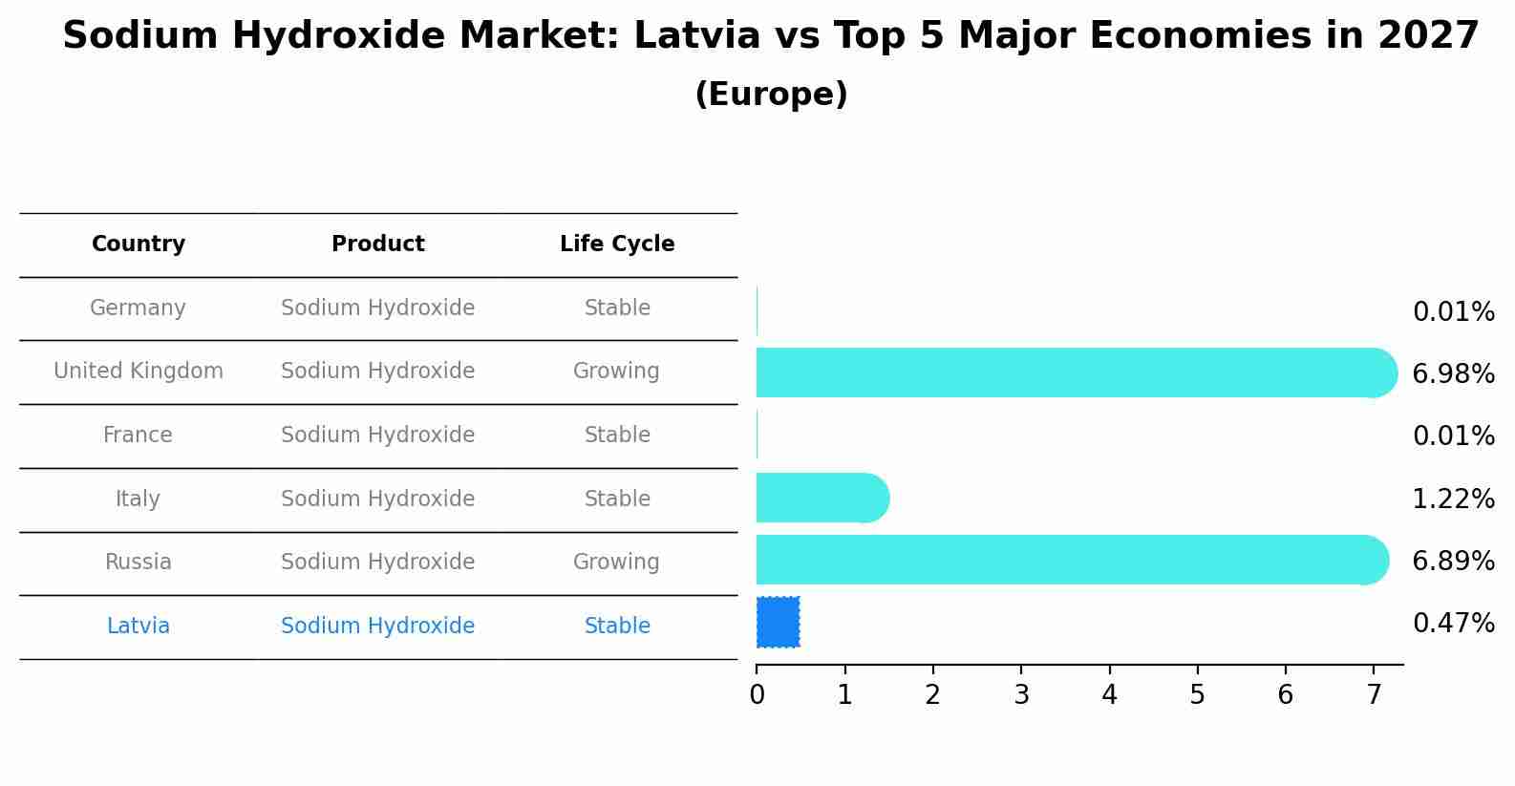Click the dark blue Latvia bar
point(779,623)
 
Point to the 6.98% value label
point(1453,374)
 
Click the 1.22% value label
point(1453,499)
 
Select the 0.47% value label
point(1453,624)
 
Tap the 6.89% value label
point(1453,561)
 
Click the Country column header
point(139,244)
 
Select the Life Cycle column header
point(617,244)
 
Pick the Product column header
point(378,244)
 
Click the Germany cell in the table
point(139,308)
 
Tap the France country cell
point(139,435)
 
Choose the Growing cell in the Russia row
point(616,563)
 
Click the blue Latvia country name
point(139,627)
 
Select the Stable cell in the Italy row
point(617,499)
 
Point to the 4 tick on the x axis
point(1109,695)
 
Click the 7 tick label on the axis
point(1374,695)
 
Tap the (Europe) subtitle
point(771,95)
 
